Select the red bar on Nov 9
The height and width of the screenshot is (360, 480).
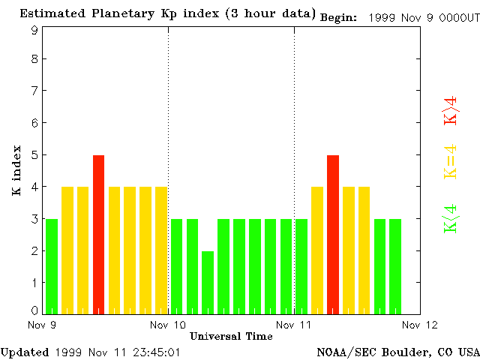[98, 234]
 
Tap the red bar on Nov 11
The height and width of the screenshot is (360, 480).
[333, 234]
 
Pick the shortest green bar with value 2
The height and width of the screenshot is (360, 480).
[208, 282]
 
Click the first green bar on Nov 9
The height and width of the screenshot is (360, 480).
[52, 266]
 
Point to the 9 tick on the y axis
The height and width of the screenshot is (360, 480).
[34, 30]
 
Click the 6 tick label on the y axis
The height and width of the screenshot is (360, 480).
[34, 122]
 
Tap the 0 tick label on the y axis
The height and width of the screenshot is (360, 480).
[34, 310]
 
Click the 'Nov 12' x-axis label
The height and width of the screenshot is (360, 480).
[420, 325]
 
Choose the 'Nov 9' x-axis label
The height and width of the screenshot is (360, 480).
[43, 325]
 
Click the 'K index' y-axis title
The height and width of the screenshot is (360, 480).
[16, 171]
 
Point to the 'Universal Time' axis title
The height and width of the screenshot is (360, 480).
[231, 336]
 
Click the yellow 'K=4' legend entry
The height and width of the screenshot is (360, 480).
[451, 161]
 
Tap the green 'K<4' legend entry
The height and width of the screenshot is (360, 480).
[451, 217]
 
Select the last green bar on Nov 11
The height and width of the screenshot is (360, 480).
[395, 266]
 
